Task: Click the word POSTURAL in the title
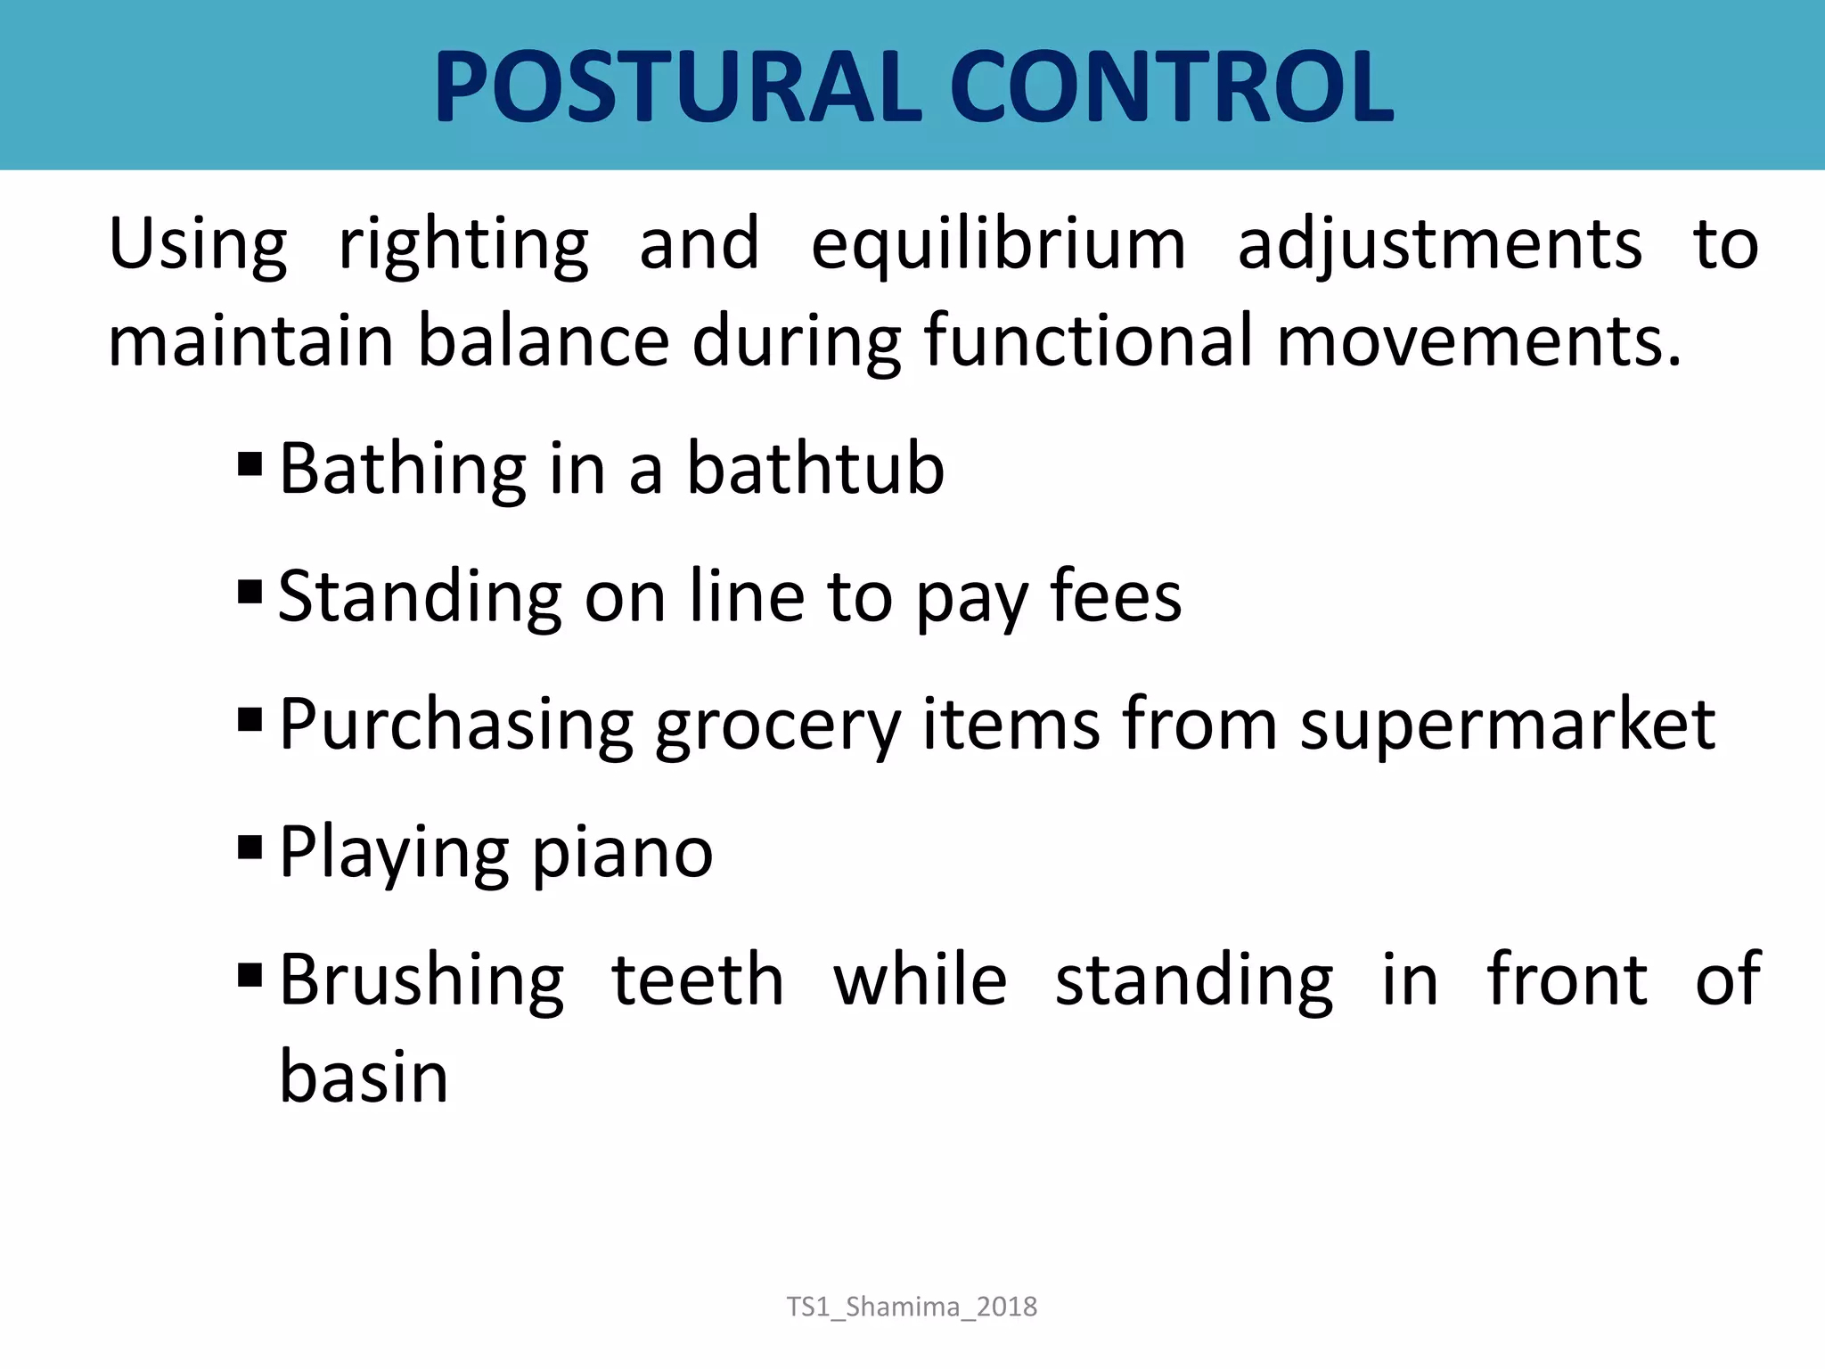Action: point(677,87)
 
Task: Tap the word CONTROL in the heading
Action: point(1171,87)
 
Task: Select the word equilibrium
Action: point(998,245)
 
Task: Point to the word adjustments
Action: point(1439,245)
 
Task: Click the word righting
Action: point(463,245)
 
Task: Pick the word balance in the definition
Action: point(544,341)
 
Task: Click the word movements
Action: point(1479,341)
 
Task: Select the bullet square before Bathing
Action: point(250,463)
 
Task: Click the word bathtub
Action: point(814,469)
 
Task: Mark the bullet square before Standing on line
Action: point(250,591)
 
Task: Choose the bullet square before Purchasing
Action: point(250,718)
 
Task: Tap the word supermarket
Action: point(1507,725)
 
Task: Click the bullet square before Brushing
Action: point(250,974)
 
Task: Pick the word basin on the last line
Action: point(364,1077)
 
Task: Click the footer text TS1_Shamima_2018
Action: point(912,1307)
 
